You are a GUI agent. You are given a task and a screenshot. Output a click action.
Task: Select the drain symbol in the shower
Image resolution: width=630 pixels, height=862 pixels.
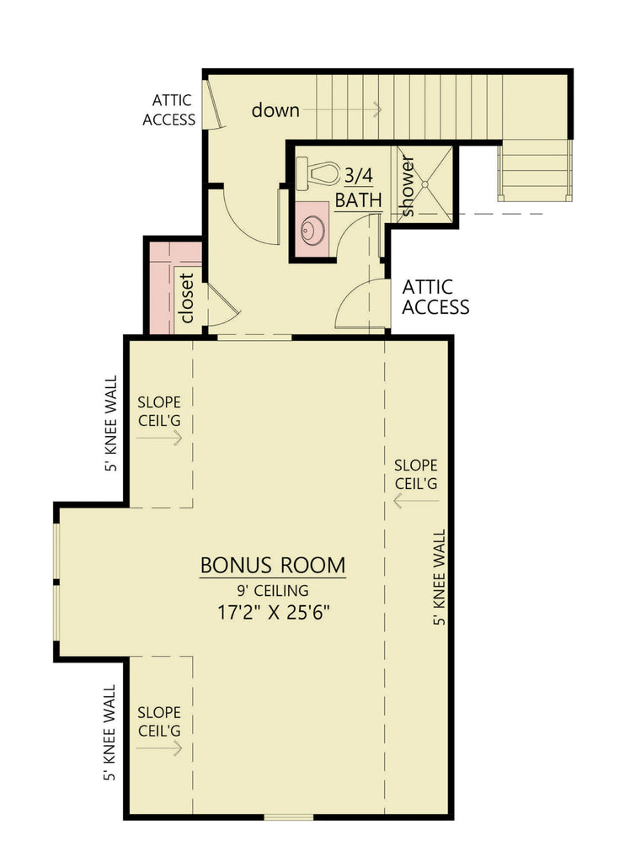tap(425, 184)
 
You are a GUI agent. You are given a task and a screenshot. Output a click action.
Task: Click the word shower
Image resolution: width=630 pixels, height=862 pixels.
tap(407, 186)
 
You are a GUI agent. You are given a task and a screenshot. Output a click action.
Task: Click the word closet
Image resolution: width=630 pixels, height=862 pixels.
tap(187, 297)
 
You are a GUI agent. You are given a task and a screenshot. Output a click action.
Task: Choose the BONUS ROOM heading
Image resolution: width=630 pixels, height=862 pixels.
tap(272, 565)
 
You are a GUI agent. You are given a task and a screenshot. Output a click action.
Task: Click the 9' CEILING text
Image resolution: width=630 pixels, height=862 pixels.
tap(272, 590)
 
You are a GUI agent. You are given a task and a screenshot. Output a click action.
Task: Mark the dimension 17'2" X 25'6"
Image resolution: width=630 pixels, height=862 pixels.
tap(272, 612)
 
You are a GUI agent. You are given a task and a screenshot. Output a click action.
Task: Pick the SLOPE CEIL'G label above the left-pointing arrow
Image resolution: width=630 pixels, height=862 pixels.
tap(415, 475)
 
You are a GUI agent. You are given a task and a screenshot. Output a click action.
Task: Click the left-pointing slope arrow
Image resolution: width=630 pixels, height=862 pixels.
tap(415, 501)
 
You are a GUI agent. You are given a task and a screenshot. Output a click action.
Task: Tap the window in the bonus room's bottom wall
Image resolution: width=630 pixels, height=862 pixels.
tap(289, 816)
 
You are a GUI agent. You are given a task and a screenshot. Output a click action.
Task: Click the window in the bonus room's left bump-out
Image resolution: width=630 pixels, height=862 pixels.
tap(56, 582)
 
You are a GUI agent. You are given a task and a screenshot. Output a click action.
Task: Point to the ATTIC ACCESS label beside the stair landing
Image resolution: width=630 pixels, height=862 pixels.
tap(168, 110)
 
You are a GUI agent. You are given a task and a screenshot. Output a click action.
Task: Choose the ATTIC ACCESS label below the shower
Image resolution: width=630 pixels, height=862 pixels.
tap(435, 297)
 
